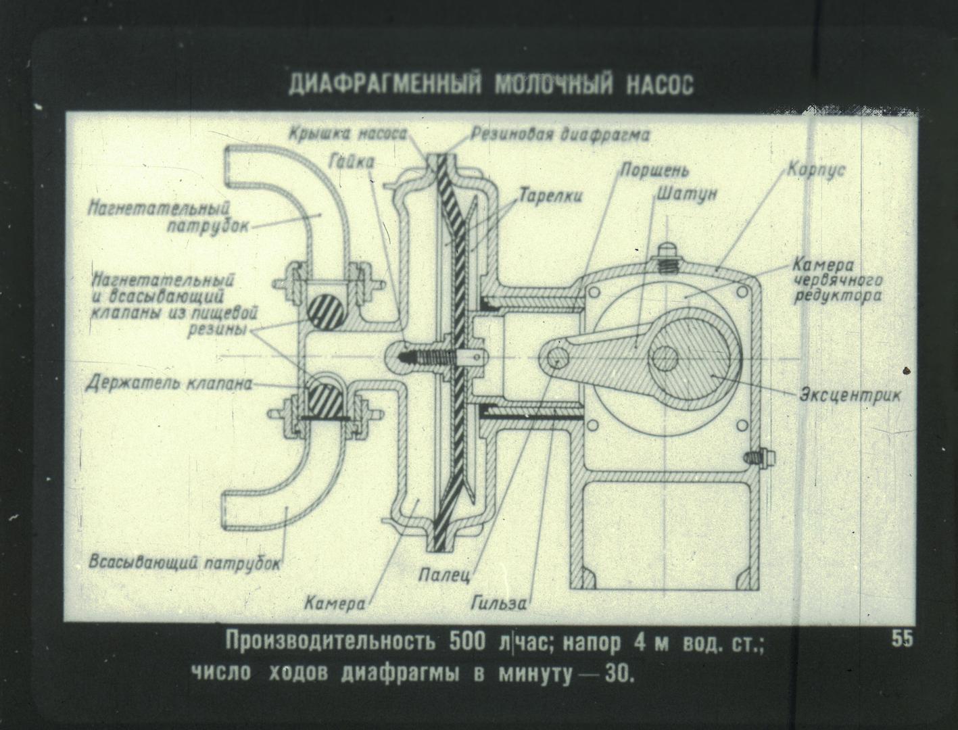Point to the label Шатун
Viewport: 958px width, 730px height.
pyautogui.click(x=686, y=195)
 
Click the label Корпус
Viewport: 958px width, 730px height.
pyautogui.click(x=816, y=170)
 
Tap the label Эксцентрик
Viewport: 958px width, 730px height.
pyautogui.click(x=851, y=396)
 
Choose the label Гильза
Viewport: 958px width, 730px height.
pyautogui.click(x=499, y=604)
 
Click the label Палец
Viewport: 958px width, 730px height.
pyautogui.click(x=445, y=575)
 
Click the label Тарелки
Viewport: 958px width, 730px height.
pyautogui.click(x=550, y=196)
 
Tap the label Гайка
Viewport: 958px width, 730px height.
pyautogui.click(x=352, y=162)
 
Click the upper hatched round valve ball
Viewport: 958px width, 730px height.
pyautogui.click(x=325, y=310)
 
